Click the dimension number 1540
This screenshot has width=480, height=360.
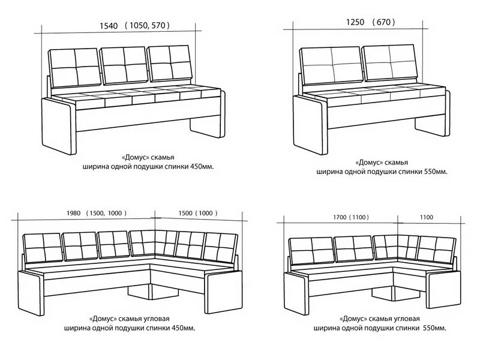(x=109, y=26)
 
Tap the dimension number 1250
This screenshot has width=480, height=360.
(x=355, y=22)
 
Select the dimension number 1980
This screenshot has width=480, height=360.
(x=73, y=213)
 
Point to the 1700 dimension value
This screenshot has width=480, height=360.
(x=340, y=217)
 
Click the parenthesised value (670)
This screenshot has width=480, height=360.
(x=384, y=22)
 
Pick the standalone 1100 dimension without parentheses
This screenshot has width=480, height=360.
(x=427, y=217)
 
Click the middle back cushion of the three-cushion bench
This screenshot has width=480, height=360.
(x=125, y=65)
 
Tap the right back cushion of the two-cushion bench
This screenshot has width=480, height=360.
(x=389, y=62)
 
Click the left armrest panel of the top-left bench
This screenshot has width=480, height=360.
(x=59, y=126)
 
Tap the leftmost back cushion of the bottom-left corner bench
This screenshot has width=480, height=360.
(x=43, y=248)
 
